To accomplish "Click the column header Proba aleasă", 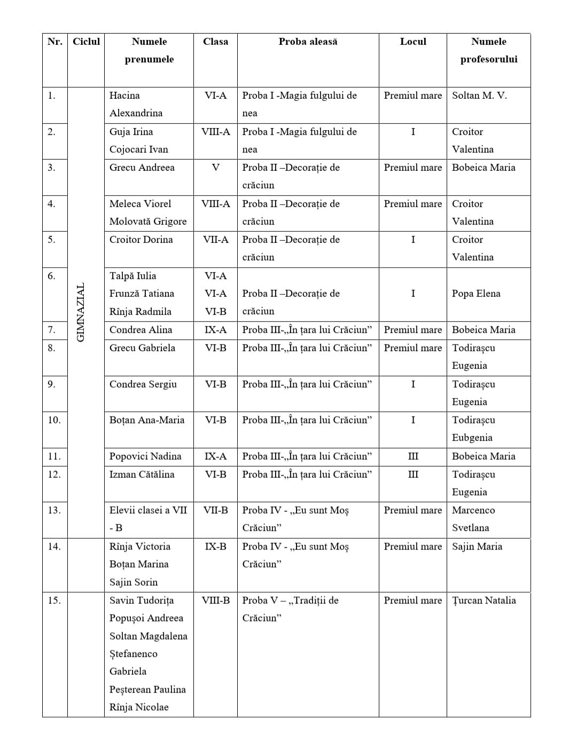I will point(308,42).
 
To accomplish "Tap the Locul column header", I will point(413,42).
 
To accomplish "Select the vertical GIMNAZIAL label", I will point(81,312).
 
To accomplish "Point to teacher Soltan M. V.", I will point(479,96).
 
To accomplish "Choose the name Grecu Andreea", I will point(142,168).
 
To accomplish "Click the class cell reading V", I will point(215,168).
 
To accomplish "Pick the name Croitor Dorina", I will point(141,240).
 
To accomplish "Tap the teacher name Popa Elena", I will point(476,294).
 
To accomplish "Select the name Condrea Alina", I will point(141,330).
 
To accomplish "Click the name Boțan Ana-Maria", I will point(147,420).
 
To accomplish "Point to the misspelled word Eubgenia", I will point(472,438).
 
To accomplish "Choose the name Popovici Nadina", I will point(145,456).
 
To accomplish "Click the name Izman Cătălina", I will point(142,475).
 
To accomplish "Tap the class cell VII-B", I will point(215,510).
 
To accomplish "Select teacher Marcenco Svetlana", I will point(473,519).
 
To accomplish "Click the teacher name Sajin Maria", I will point(477,547).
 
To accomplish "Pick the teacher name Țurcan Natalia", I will point(484,601).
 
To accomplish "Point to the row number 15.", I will point(54,601).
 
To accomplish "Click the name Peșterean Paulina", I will point(147,690).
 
